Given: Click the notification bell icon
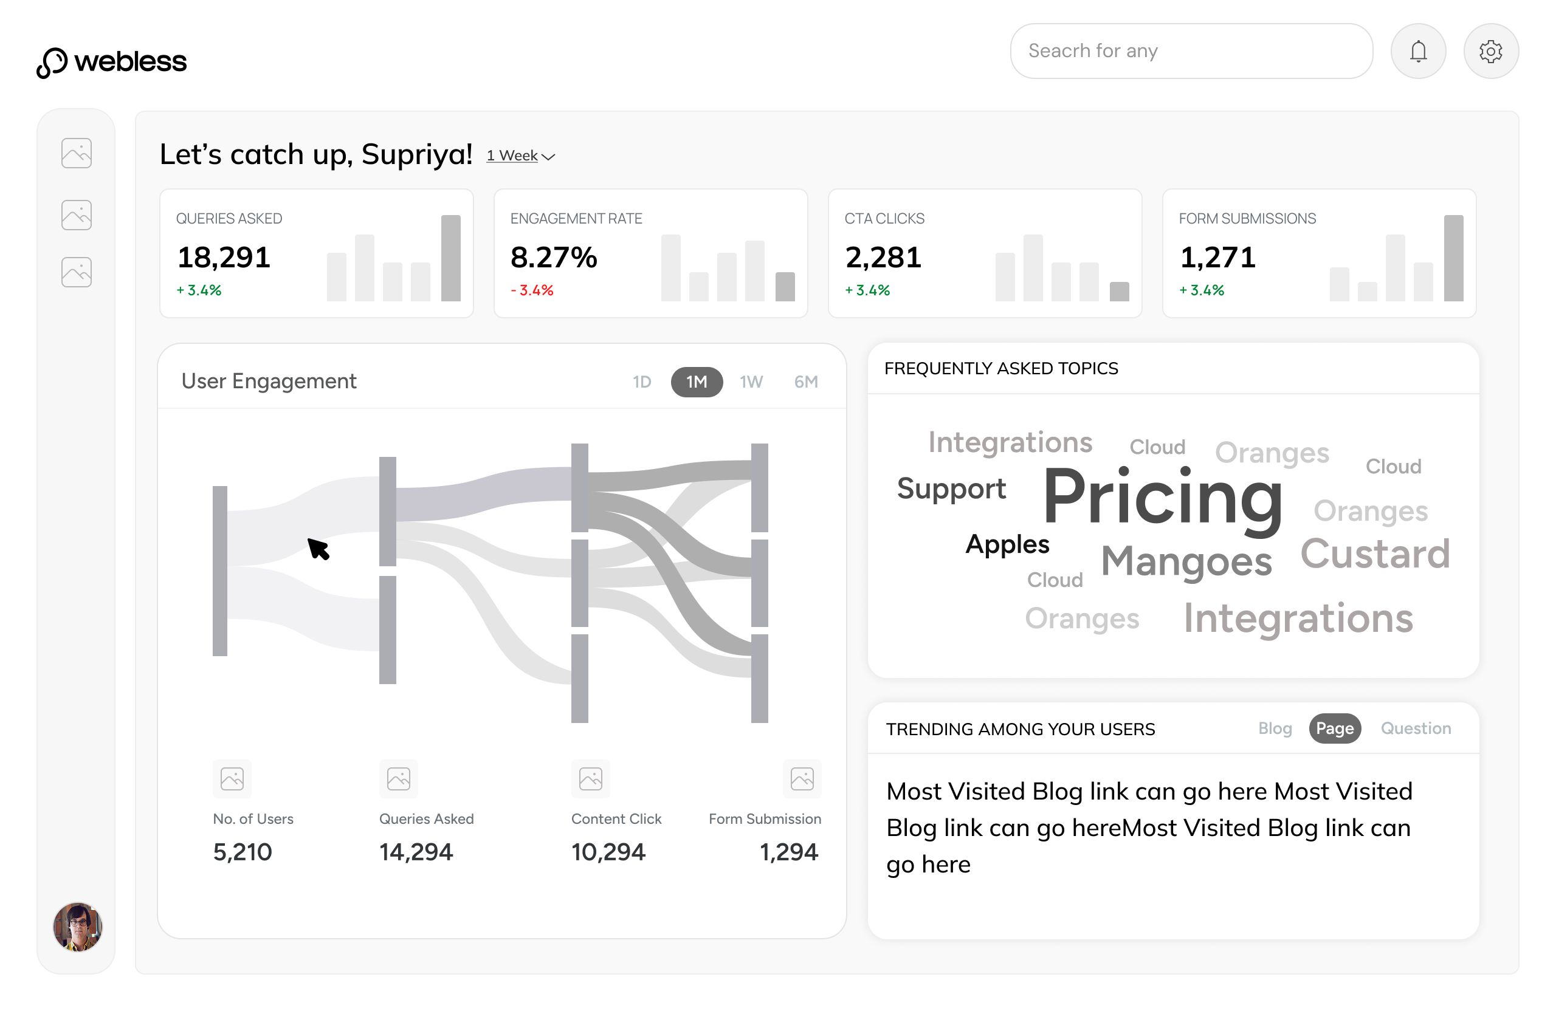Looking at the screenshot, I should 1417,51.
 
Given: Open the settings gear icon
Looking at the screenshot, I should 1490,51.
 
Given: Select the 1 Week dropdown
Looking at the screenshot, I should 520,156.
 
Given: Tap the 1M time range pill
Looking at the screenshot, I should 697,382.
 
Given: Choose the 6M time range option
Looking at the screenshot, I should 805,382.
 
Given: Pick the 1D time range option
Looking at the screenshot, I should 641,382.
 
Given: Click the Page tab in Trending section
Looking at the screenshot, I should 1334,728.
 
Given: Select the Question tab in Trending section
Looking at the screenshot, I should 1415,728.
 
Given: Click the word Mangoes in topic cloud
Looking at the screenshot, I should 1186,561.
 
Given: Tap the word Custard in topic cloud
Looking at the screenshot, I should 1374,554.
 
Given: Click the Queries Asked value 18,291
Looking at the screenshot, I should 224,258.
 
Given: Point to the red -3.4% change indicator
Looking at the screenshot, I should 532,290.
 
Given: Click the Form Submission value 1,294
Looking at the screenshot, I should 788,852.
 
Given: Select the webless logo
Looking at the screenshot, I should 112,62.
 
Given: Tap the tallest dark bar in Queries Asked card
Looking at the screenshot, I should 450,258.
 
